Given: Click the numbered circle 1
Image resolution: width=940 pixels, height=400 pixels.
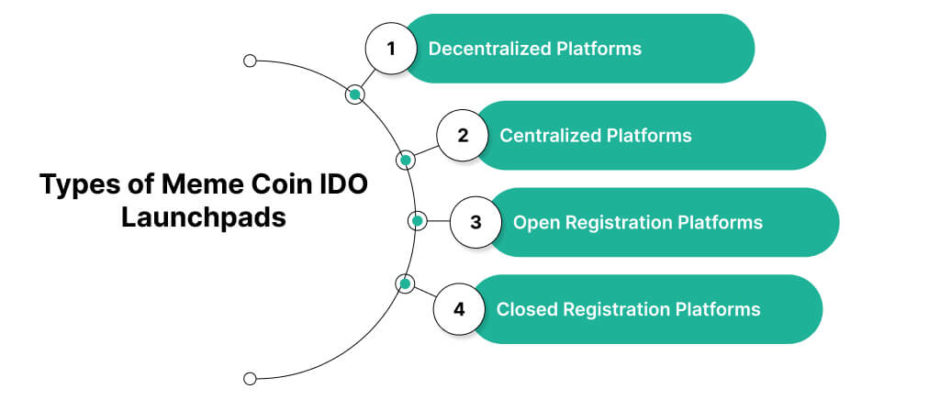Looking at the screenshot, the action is coord(391,49).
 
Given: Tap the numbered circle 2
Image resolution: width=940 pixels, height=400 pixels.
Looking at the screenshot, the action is coord(462,136).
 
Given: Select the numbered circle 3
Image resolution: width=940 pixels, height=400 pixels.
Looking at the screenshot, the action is coord(475,222).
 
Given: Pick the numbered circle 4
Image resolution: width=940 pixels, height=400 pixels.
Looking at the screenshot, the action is coord(459,309).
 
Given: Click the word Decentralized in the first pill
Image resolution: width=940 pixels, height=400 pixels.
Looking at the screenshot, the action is coord(489,49).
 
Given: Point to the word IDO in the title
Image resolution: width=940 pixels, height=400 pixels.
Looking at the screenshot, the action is coord(344,185).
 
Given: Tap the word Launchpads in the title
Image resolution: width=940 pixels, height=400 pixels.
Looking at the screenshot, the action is coord(204,218).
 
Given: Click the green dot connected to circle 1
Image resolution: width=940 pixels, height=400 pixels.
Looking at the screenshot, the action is coord(355,94).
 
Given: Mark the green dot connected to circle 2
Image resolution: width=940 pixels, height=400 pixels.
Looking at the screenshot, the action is coord(405,160).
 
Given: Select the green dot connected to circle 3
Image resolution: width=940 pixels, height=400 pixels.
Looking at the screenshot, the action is coord(418,221).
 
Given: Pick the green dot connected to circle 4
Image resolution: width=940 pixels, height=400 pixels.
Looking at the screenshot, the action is coord(405,284).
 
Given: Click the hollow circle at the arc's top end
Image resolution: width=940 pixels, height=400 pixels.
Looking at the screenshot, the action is coord(250,61).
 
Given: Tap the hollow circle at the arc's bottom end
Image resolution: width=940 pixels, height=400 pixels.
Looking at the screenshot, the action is coord(250,378).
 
